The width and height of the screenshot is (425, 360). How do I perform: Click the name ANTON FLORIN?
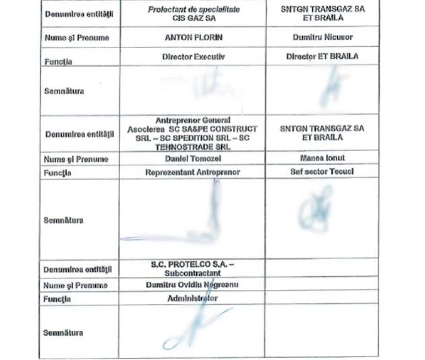[192, 38]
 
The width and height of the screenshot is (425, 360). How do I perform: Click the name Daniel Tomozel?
[192, 159]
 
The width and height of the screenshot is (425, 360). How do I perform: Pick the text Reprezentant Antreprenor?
[192, 172]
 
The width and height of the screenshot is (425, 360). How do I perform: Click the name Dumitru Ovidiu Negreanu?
[192, 284]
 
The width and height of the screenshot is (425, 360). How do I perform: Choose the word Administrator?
[192, 297]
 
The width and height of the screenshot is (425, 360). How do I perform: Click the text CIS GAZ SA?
[192, 20]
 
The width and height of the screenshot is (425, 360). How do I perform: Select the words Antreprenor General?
[192, 120]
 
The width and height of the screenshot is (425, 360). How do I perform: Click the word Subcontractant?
[192, 274]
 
